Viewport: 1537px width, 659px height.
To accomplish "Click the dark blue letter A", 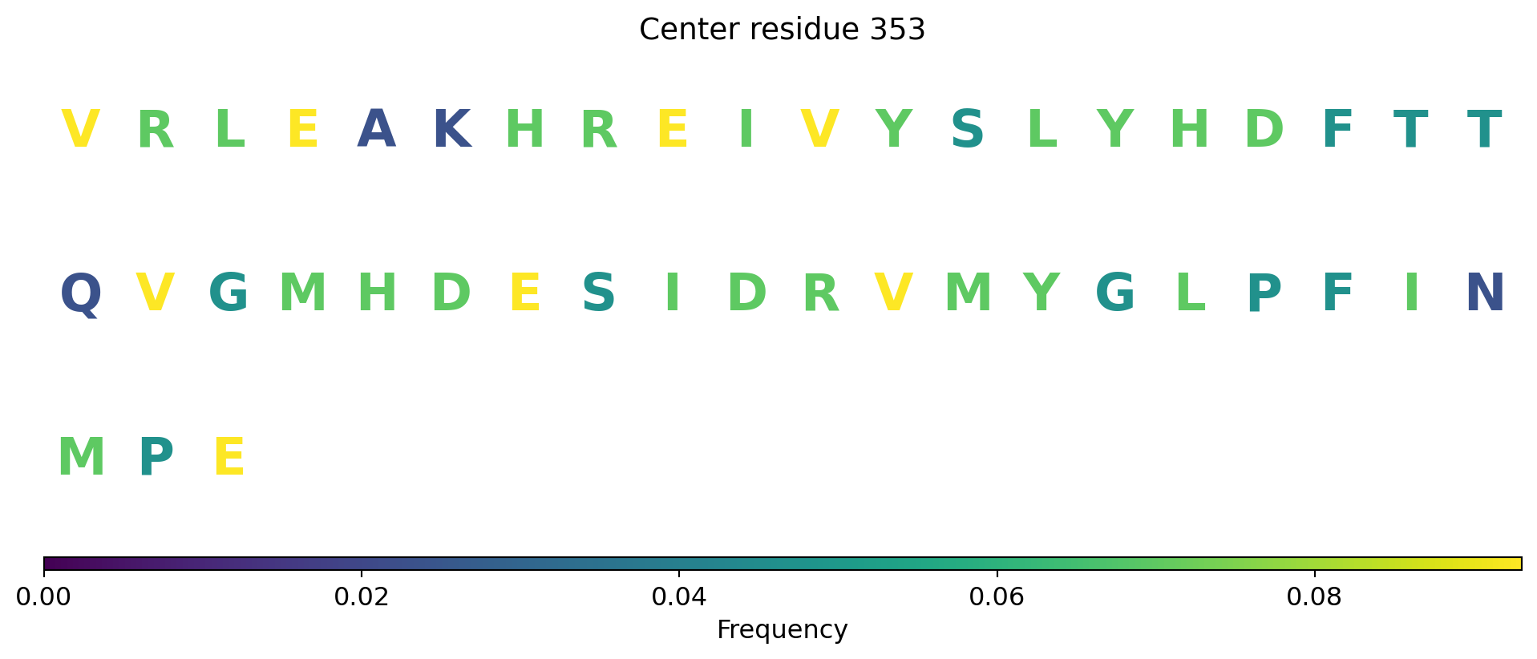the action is (377, 129).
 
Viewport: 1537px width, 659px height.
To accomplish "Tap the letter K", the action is (451, 129).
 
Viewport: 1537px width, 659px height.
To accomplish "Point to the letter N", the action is (1485, 293).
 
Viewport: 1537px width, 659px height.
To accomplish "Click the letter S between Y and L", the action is (968, 129).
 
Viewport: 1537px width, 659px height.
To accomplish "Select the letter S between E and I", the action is (598, 293).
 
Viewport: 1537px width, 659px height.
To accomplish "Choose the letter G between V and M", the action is (229, 293).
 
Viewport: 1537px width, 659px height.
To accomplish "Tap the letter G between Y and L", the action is (1115, 293).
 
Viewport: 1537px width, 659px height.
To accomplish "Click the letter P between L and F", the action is (1264, 293).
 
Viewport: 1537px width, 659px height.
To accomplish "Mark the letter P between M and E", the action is (156, 458).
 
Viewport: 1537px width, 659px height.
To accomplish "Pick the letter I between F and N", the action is (1411, 293).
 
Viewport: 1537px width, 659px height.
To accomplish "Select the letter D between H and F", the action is (1264, 129).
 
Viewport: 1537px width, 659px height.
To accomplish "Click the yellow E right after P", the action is (229, 458).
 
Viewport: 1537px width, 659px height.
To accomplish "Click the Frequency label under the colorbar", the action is (782, 630).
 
